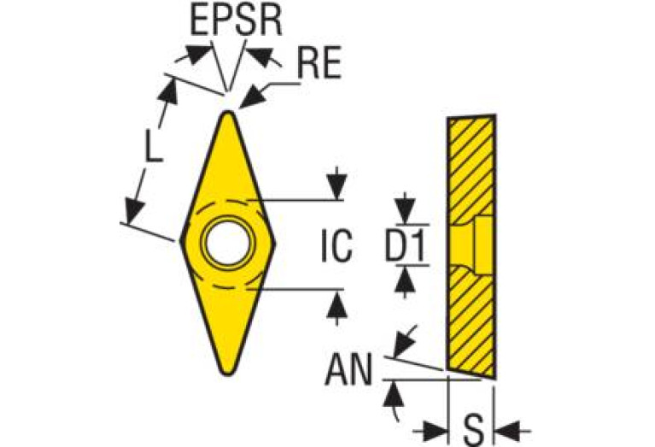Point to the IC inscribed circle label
point(336,248)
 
